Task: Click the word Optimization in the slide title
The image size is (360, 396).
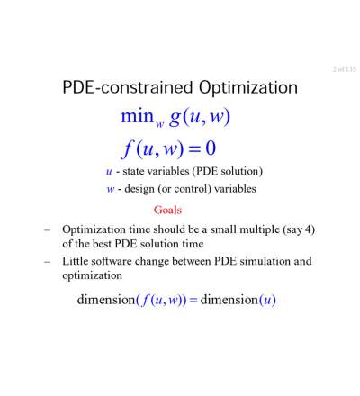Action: (x=248, y=88)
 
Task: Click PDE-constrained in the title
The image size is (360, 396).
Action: (x=128, y=87)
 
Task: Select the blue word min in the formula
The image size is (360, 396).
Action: (x=137, y=116)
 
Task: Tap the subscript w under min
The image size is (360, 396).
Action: (x=160, y=124)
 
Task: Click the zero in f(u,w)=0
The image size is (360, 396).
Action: (x=211, y=148)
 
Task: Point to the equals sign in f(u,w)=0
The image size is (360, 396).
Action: (x=195, y=149)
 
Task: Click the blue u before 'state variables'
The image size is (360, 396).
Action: (x=109, y=172)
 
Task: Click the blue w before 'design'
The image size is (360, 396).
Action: (x=111, y=190)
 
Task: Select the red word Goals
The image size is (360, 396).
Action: (x=167, y=210)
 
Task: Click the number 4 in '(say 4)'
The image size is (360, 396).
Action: (x=308, y=229)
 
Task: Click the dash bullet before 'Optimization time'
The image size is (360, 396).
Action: (x=47, y=230)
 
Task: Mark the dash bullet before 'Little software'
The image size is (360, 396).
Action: (x=47, y=262)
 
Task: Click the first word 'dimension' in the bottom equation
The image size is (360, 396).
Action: (x=106, y=300)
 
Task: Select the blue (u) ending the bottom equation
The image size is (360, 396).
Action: (x=267, y=300)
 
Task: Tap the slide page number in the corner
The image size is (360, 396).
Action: (x=345, y=69)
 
